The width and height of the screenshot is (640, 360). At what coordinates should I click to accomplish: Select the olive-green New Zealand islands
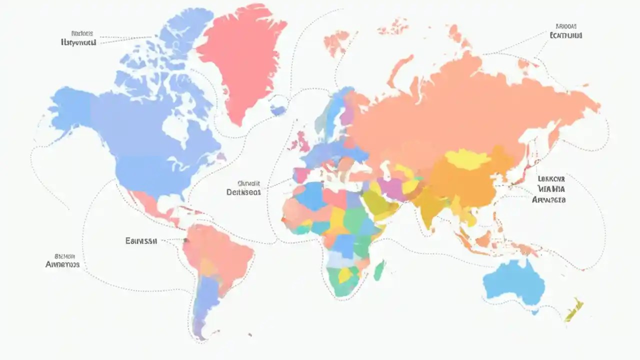tap(574, 310)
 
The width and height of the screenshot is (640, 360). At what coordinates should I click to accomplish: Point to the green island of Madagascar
tap(379, 270)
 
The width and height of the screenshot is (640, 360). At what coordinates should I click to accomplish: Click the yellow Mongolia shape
tap(467, 159)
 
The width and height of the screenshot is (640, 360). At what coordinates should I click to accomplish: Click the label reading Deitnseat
tap(243, 192)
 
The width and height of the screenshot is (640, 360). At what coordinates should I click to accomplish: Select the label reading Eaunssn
tap(141, 240)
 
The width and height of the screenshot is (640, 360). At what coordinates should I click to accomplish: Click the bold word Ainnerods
tap(62, 264)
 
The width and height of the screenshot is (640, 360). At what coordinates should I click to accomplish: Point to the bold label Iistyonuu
tap(77, 43)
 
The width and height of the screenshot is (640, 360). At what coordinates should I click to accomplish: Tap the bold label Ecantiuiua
tap(566, 35)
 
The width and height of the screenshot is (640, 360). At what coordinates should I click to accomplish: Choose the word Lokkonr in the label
tap(551, 178)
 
